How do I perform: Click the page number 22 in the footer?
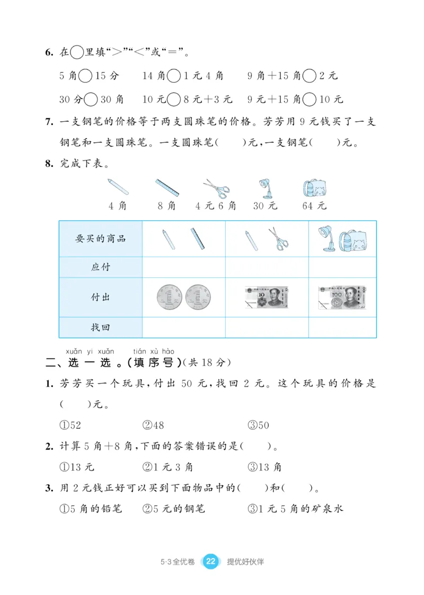tap(210, 562)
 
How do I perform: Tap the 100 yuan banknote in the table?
tap(343, 297)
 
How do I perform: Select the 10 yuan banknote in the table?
tap(267, 297)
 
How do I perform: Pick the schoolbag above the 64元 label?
tap(314, 188)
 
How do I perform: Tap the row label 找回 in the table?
tap(100, 327)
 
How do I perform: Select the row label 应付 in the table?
tap(100, 267)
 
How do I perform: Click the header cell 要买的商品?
tap(100, 239)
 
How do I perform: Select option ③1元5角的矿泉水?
tap(295, 509)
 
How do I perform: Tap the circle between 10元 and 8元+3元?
tap(173, 99)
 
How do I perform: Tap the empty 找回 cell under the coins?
tap(184, 327)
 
